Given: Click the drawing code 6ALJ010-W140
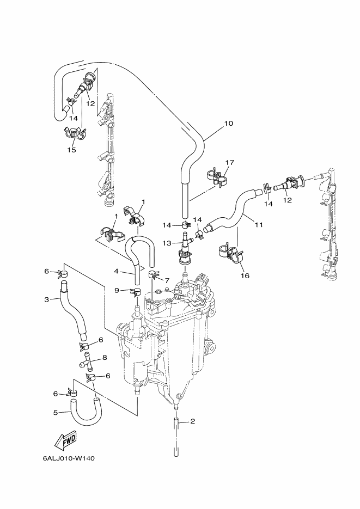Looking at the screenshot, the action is click(x=69, y=459).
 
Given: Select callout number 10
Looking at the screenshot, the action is click(x=229, y=124).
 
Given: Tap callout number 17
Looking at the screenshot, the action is click(x=229, y=162).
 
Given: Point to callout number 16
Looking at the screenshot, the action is click(x=245, y=275).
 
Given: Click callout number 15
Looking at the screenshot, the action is click(x=72, y=150).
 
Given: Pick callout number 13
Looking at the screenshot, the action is click(x=167, y=243).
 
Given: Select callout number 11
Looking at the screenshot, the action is click(x=259, y=225).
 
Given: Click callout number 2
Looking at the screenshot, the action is click(x=192, y=421).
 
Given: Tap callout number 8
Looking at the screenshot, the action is click(x=105, y=358).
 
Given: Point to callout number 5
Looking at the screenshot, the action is click(x=56, y=413).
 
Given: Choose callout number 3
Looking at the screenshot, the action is click(x=47, y=299).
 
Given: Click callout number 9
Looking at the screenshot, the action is click(x=117, y=291).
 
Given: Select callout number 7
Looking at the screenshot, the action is click(x=167, y=280).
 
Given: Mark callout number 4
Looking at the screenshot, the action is click(x=116, y=271).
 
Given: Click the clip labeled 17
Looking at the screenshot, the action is click(x=217, y=177).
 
